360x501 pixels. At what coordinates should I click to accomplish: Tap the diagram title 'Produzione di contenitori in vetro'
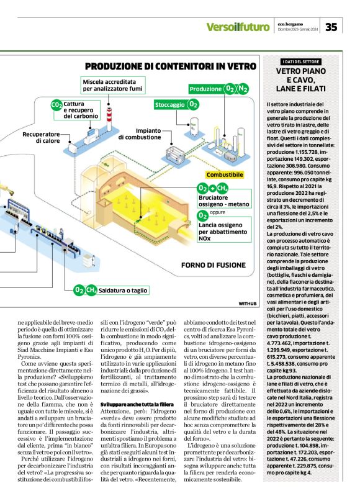170,66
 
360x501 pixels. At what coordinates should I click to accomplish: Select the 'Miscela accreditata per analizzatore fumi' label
113,86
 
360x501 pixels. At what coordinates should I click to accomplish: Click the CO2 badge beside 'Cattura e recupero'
56,105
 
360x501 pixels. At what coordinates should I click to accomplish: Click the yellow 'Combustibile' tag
225,175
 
